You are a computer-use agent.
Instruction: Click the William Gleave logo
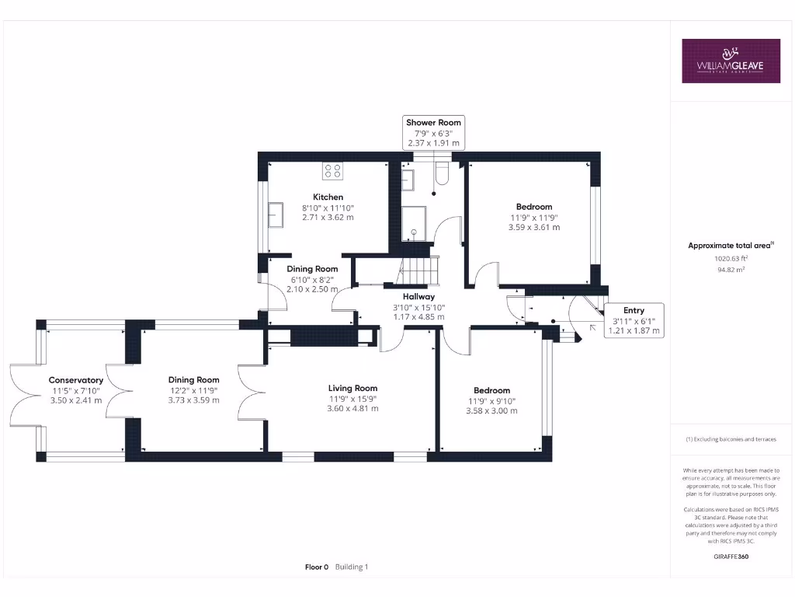[731, 61]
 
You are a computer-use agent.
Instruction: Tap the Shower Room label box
[433, 133]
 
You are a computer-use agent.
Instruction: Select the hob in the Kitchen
[333, 170]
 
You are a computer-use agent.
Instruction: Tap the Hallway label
[418, 296]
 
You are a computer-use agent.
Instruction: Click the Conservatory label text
[76, 380]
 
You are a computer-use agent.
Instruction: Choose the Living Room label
[352, 388]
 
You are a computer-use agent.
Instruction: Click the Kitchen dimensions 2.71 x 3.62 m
[328, 218]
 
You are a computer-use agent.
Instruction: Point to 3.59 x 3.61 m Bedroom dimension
[533, 227]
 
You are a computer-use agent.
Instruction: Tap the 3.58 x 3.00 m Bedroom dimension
[491, 410]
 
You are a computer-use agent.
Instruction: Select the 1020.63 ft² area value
[730, 258]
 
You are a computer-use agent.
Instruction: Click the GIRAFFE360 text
[730, 557]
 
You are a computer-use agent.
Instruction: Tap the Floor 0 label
[317, 567]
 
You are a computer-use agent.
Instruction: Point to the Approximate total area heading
[730, 246]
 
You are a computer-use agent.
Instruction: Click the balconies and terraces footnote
[730, 439]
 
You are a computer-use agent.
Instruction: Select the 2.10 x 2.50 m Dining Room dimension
[312, 289]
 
